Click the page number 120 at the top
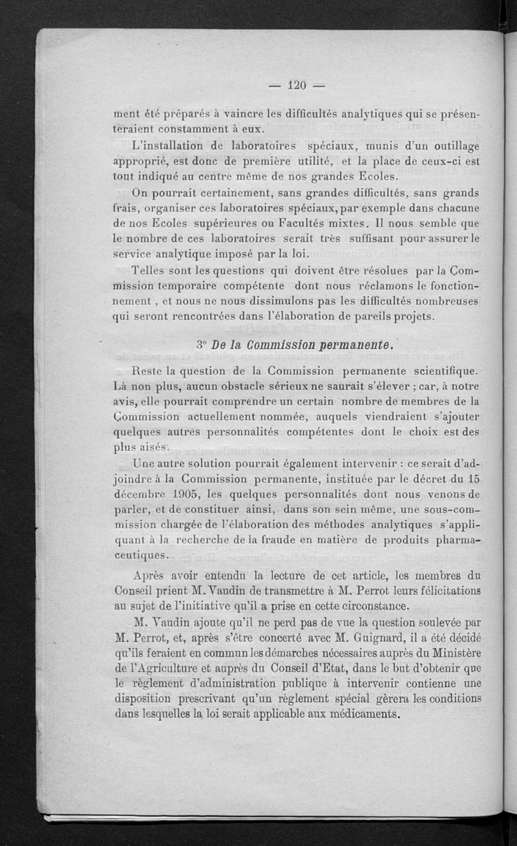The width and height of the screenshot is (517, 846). coord(297,85)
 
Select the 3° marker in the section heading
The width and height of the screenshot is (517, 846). coord(200,345)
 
